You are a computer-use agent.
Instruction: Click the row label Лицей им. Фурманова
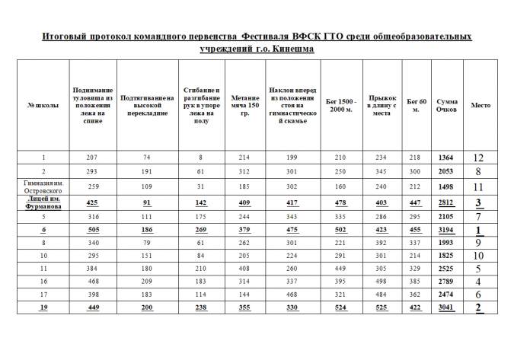coord(43,202)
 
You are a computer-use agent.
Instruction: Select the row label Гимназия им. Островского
coord(43,186)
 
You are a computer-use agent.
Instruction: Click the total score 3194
coord(447,230)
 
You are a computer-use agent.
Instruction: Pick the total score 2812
coord(447,202)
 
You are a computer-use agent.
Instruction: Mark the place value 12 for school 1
coord(479,158)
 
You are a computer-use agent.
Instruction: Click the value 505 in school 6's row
coord(91,230)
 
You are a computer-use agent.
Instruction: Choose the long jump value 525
coord(381,307)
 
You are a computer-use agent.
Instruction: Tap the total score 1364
coord(447,158)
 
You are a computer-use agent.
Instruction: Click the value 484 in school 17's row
coord(381,295)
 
